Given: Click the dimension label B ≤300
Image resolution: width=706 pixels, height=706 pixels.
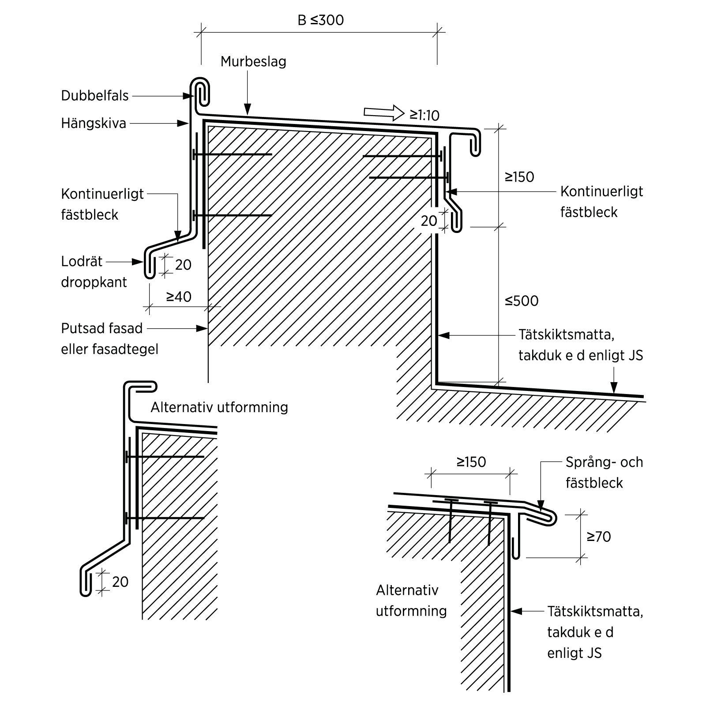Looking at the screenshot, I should tap(320, 20).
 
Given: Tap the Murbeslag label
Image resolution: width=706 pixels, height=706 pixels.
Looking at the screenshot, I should tap(253, 61).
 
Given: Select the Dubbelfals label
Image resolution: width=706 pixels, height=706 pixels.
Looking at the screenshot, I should tap(95, 96).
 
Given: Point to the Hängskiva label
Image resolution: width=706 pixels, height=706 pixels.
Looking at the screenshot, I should tap(94, 123).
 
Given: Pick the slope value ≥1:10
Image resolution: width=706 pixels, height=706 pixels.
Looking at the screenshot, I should tap(424, 116).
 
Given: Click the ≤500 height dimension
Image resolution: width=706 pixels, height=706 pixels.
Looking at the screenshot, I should tap(522, 301).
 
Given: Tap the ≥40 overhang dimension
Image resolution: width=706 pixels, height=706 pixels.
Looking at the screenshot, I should tap(179, 297).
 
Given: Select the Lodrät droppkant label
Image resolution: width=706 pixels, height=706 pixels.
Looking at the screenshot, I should tap(94, 271).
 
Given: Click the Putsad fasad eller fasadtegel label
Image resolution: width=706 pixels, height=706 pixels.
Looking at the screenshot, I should tap(109, 338).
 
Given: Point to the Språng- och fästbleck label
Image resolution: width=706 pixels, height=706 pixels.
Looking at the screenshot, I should tap(604, 472).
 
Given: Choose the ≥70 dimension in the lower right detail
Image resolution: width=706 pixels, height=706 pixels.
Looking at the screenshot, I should tap(598, 537).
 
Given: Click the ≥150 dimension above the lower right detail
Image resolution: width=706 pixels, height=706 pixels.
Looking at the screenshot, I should tap(471, 462).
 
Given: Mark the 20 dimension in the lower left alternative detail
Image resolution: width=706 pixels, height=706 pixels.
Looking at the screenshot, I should tap(120, 582).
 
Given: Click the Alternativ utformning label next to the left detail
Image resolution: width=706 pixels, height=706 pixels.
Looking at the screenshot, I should tap(219, 407).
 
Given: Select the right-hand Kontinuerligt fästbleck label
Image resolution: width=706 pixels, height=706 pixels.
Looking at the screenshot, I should tap(601, 202).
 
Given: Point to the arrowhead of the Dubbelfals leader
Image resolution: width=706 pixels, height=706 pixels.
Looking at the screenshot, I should tap(188, 96).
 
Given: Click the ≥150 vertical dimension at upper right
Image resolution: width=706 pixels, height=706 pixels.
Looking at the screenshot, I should tap(519, 177).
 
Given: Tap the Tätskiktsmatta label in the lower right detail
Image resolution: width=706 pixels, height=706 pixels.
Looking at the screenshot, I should tap(595, 632).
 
